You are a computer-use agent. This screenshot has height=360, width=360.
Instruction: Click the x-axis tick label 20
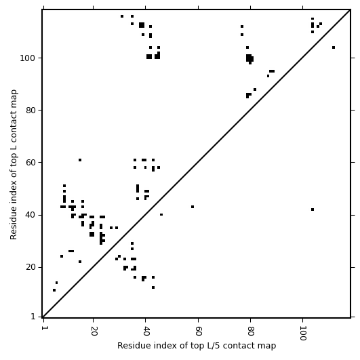tap(93, 331)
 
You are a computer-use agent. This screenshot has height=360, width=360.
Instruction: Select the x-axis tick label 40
tap(146, 331)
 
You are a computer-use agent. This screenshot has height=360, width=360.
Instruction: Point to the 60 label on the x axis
tap(198, 331)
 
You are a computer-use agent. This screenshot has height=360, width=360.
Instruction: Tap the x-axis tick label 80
tap(250, 331)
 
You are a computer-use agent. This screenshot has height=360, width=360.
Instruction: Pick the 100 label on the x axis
tap(303, 333)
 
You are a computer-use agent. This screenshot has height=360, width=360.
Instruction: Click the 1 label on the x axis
tap(43, 328)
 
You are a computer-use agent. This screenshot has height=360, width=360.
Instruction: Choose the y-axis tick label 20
tap(31, 267)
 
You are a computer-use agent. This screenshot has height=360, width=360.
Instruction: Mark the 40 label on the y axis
tap(31, 215)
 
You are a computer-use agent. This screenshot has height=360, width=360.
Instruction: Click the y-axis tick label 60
tap(31, 162)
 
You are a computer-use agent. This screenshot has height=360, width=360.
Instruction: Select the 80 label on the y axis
tap(31, 111)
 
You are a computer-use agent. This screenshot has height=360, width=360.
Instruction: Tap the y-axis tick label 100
tap(28, 58)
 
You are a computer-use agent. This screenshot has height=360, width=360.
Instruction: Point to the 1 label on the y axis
tap(33, 317)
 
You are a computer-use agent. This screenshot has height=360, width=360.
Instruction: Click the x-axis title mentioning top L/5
tap(197, 346)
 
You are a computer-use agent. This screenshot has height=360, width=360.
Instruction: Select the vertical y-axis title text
tap(14, 165)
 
